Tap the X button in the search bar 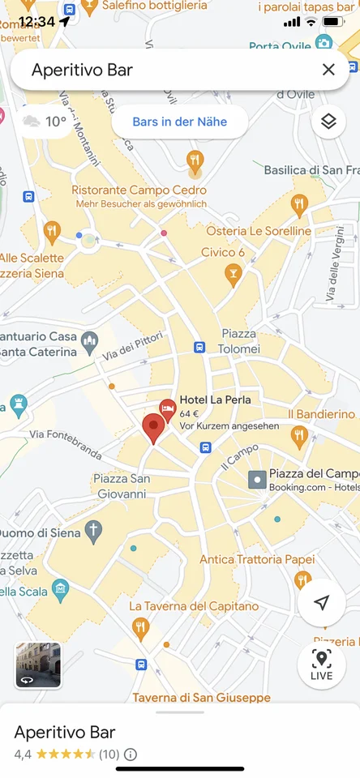328,70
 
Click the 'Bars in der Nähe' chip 179,122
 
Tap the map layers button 328,122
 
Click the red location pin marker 152,428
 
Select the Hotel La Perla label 215,400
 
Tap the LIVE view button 322,665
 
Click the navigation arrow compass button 322,603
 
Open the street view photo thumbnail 38,665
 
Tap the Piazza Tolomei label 238,341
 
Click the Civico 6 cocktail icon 233,276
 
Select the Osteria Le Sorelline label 259,231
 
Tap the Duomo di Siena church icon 94,532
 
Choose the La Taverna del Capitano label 194,606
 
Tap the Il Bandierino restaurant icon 300,438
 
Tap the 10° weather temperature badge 45,122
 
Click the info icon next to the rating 131,754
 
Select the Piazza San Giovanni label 122,485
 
